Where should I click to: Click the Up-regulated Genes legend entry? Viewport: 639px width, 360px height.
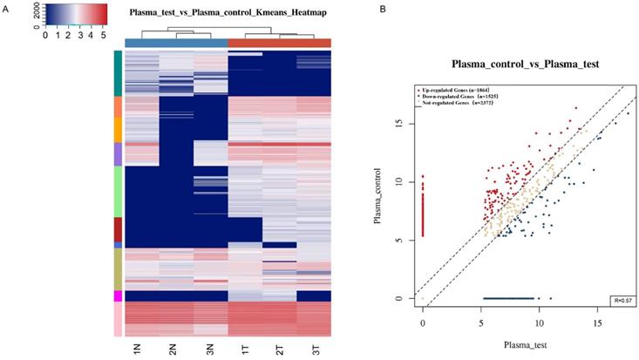click(x=461, y=90)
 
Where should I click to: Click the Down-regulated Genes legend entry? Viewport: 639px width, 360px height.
click(x=463, y=97)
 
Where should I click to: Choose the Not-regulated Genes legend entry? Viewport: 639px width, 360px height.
click(x=461, y=104)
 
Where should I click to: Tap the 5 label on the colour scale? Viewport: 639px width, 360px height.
click(x=105, y=36)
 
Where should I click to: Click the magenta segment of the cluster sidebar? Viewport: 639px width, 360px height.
click(x=118, y=296)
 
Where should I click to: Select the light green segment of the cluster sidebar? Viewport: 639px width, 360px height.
click(x=118, y=191)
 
